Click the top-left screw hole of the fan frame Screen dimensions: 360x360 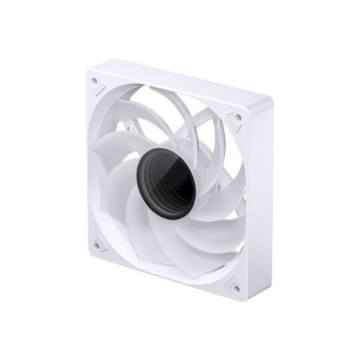[94, 80]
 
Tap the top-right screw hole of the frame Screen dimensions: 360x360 [235, 118]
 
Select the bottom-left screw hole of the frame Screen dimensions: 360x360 [97, 244]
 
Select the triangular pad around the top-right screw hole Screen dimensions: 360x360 [232, 121]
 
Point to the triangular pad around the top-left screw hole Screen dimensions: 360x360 [97, 83]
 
